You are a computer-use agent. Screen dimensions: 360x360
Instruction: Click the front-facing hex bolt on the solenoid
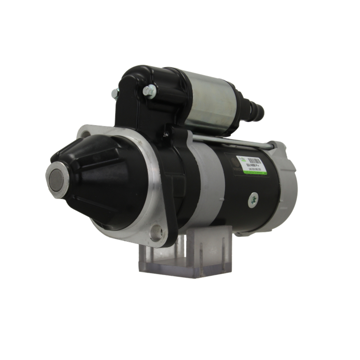click(149, 91)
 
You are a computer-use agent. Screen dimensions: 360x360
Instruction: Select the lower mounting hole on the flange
click(156, 234)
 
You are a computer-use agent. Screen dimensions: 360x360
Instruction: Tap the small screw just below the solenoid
click(166, 134)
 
